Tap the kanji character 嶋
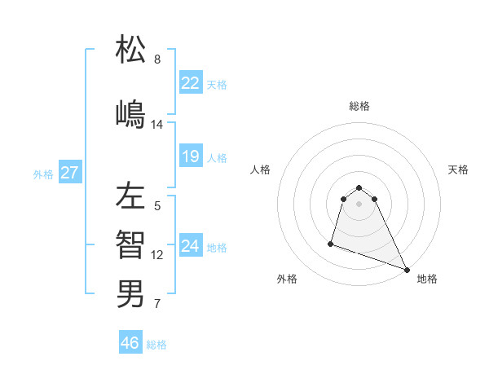point(130,113)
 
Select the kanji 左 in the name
point(130,196)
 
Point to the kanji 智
point(130,244)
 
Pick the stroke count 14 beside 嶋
point(157,125)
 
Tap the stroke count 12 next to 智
point(157,255)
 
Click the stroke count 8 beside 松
point(157,59)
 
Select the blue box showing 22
point(191,83)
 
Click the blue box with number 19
point(191,156)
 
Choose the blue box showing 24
point(191,246)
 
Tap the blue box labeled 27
point(70,173)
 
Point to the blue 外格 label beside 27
point(43,174)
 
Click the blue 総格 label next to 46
point(156,345)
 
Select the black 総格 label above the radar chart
point(359,106)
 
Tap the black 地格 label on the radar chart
point(427,279)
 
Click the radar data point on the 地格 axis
point(407,269)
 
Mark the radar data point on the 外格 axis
point(332,243)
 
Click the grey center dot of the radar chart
point(359,203)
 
